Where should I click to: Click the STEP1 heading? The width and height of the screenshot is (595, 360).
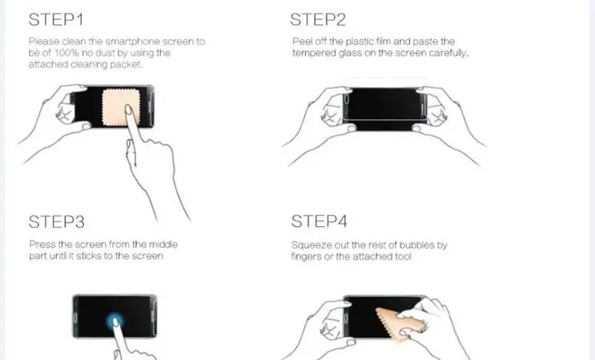click(x=56, y=20)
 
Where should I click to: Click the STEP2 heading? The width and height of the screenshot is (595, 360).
click(x=318, y=20)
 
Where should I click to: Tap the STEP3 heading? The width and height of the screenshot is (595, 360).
click(x=57, y=222)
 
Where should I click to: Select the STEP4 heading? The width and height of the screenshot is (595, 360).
click(x=319, y=222)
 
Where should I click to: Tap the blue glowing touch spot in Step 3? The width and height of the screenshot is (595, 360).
click(x=115, y=322)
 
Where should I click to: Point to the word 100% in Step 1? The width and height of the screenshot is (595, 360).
click(x=66, y=53)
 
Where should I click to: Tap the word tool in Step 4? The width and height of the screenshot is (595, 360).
click(x=402, y=257)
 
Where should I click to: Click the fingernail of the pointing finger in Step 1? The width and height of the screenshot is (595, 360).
click(x=128, y=109)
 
